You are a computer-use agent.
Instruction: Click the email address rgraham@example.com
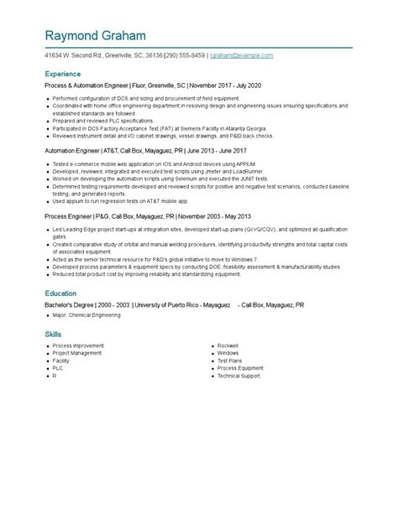241,55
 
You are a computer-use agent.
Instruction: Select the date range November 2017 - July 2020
226,86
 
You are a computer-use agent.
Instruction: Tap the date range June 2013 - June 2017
216,150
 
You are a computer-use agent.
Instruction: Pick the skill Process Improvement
79,345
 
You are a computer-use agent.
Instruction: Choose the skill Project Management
78,352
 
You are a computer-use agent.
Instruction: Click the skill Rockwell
228,345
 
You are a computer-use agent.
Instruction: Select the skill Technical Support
239,376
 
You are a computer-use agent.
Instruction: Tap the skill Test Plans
229,360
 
